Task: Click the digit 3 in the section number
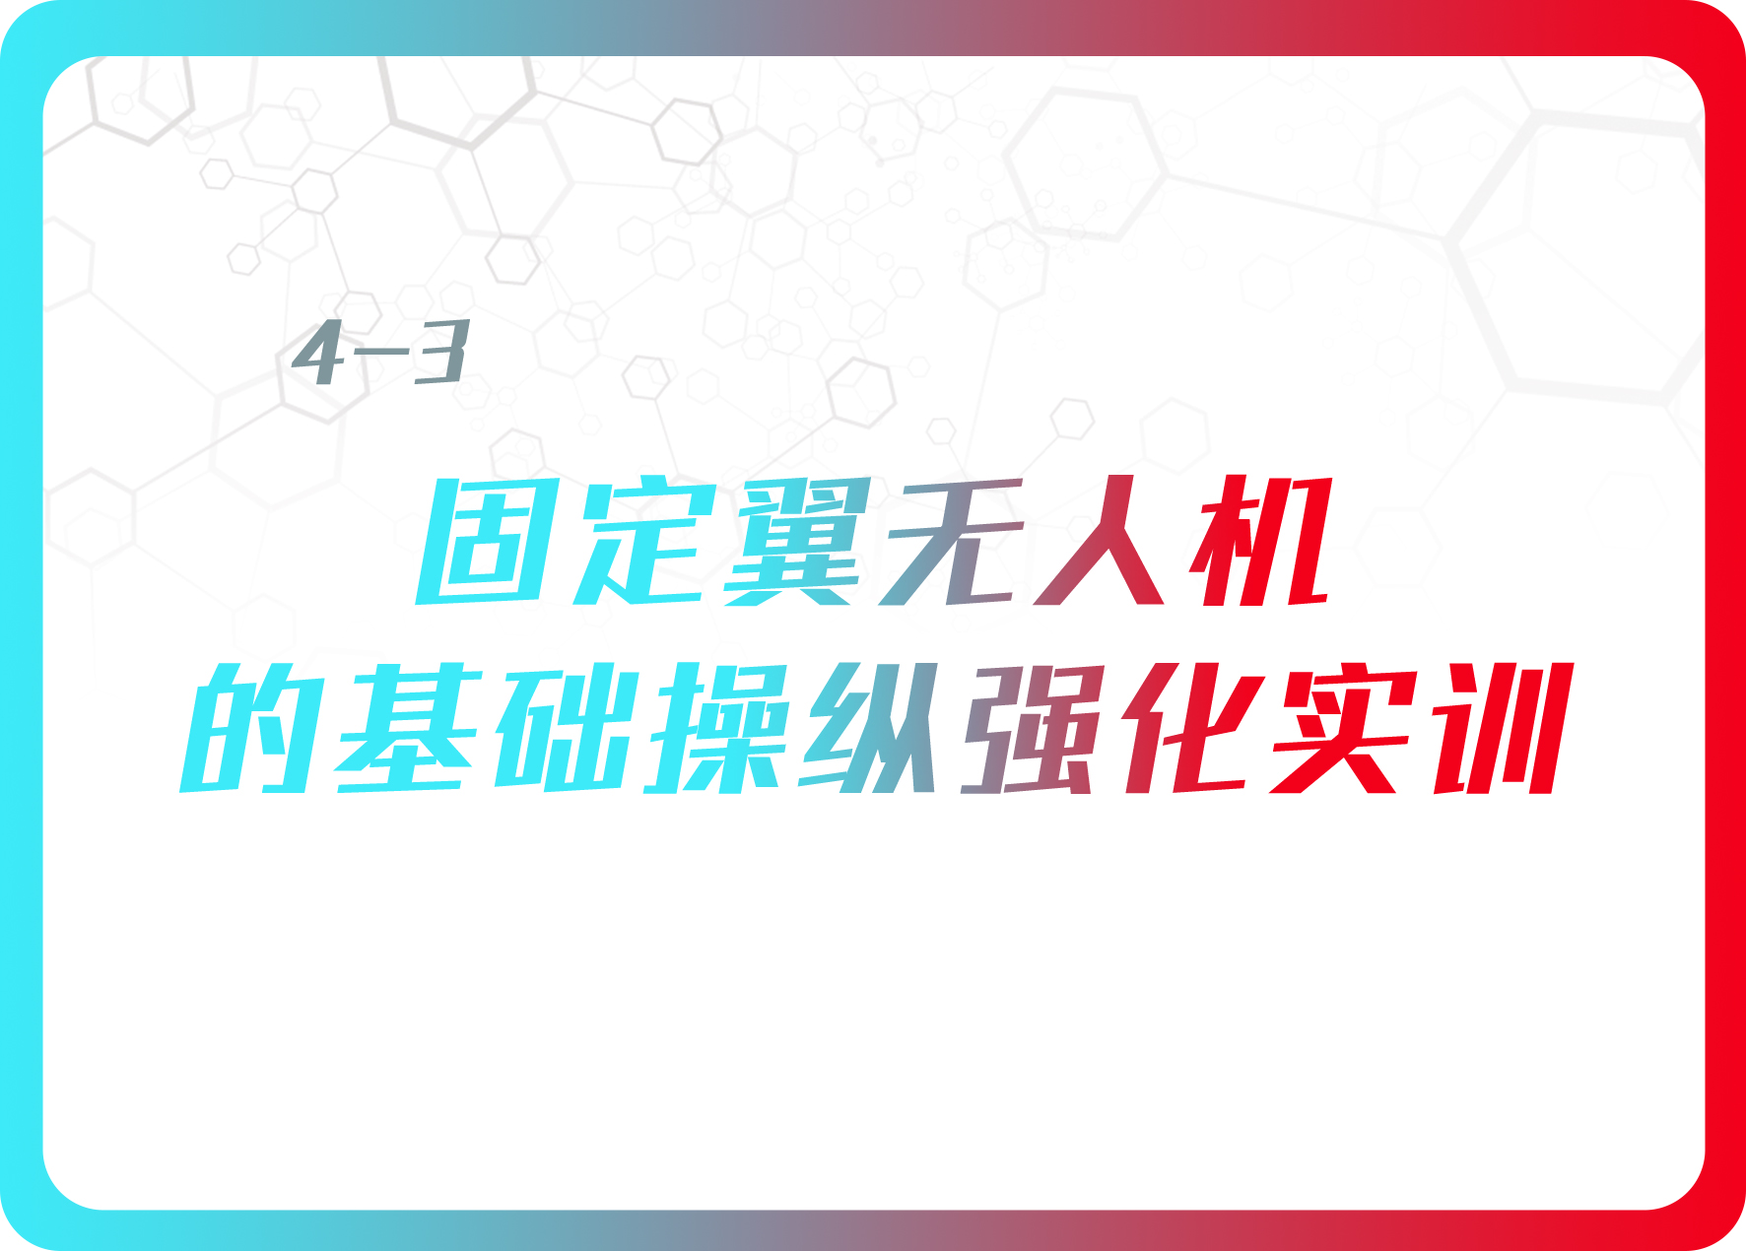(x=439, y=352)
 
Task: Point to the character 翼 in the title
(x=798, y=541)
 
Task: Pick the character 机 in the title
(x=1261, y=541)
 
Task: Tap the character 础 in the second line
(x=566, y=728)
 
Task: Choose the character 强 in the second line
(x=1031, y=729)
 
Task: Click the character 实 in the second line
(x=1344, y=728)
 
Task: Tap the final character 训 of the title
(x=1504, y=728)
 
